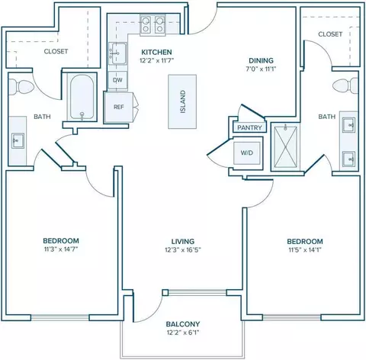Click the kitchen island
pyautogui.click(x=182, y=101)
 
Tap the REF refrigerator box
pyautogui.click(x=118, y=107)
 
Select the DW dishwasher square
pyautogui.click(x=117, y=80)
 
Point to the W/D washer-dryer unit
pyautogui.click(x=247, y=153)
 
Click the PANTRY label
pyautogui.click(x=249, y=127)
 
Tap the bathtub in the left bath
pyautogui.click(x=82, y=98)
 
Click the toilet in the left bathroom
pyautogui.click(x=21, y=86)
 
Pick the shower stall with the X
pyautogui.click(x=286, y=146)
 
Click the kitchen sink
pyautogui.click(x=117, y=53)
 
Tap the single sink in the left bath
pyautogui.click(x=18, y=140)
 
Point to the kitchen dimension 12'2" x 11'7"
pyautogui.click(x=157, y=60)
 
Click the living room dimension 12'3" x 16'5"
pyautogui.click(x=183, y=249)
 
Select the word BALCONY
pyautogui.click(x=183, y=324)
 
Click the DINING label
pyautogui.click(x=261, y=60)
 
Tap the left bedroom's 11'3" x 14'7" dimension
pyautogui.click(x=61, y=249)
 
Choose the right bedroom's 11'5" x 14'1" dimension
pyautogui.click(x=305, y=249)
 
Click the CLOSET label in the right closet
pyautogui.click(x=330, y=34)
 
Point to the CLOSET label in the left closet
pyautogui.click(x=56, y=51)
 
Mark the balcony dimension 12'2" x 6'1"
pyautogui.click(x=183, y=333)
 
